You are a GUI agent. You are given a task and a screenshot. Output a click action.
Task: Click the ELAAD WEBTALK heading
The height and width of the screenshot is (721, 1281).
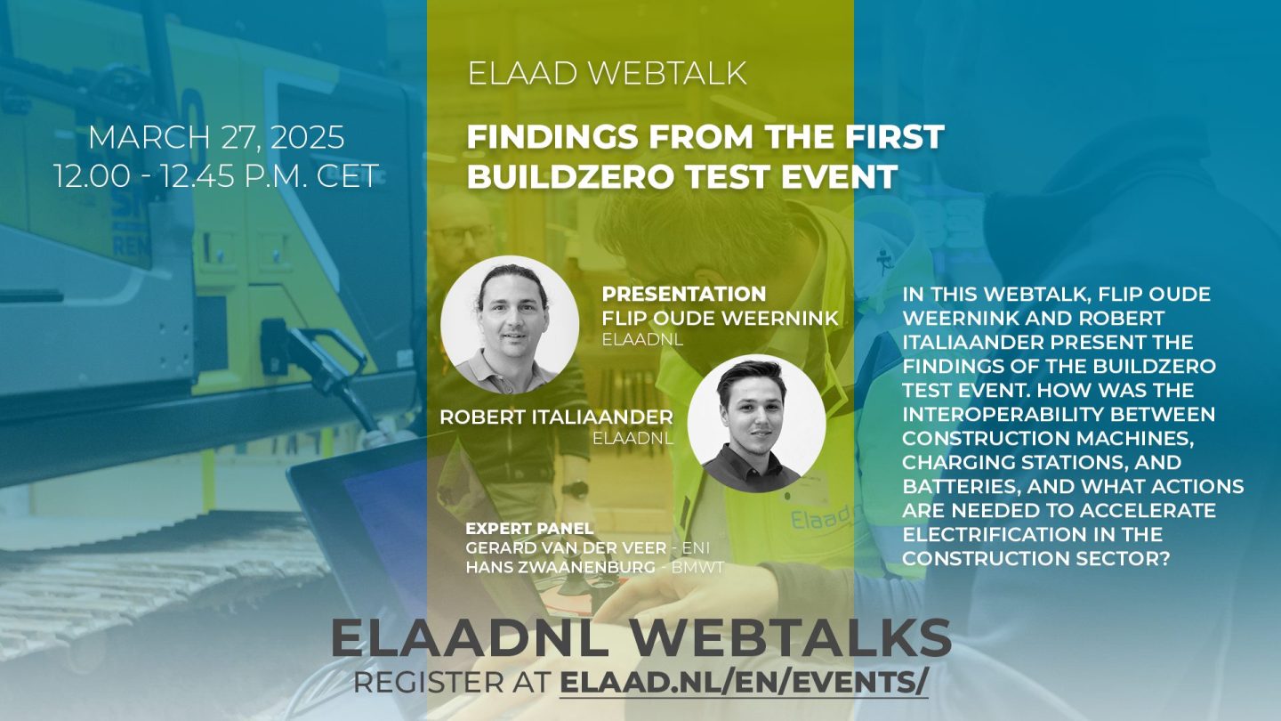608,73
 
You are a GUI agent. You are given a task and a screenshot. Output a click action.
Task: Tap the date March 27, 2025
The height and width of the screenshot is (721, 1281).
217,137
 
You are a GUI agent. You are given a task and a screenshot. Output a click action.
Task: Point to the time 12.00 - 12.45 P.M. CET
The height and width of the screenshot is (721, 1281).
217,175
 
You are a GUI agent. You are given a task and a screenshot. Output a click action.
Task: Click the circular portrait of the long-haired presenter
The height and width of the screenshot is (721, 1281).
510,324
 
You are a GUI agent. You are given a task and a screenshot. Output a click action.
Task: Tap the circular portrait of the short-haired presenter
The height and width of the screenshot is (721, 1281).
756,424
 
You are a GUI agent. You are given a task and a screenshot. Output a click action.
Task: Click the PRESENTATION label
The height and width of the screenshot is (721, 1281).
684,294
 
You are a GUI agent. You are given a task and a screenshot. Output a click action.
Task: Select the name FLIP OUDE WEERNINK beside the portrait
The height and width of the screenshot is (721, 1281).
720,318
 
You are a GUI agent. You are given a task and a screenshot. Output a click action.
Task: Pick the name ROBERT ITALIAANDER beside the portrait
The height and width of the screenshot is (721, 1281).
557,417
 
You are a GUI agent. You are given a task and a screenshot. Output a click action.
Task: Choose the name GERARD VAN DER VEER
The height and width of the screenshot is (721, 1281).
566,548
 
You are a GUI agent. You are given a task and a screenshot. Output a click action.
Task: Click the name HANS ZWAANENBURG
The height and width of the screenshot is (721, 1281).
560,568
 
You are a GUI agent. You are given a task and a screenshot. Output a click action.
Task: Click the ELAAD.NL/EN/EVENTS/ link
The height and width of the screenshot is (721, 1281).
744,684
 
